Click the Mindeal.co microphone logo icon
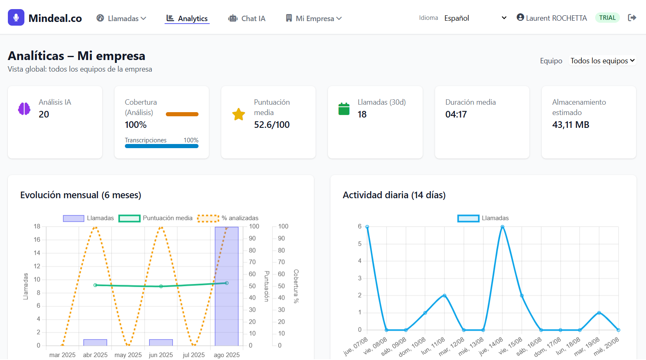(16, 18)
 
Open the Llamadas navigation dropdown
(122, 19)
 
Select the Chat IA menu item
(247, 19)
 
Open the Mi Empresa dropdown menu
(314, 19)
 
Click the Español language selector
(475, 18)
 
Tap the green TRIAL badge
(607, 18)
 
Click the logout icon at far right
(632, 18)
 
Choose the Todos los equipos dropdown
(602, 61)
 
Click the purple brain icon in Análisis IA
(24, 109)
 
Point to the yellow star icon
(239, 114)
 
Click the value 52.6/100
(272, 125)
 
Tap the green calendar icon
(344, 109)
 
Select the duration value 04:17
(456, 115)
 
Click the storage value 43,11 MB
(570, 125)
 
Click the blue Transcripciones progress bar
(162, 146)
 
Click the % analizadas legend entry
(228, 218)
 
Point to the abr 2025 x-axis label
(95, 355)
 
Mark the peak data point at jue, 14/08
(502, 227)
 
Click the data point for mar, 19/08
(599, 313)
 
